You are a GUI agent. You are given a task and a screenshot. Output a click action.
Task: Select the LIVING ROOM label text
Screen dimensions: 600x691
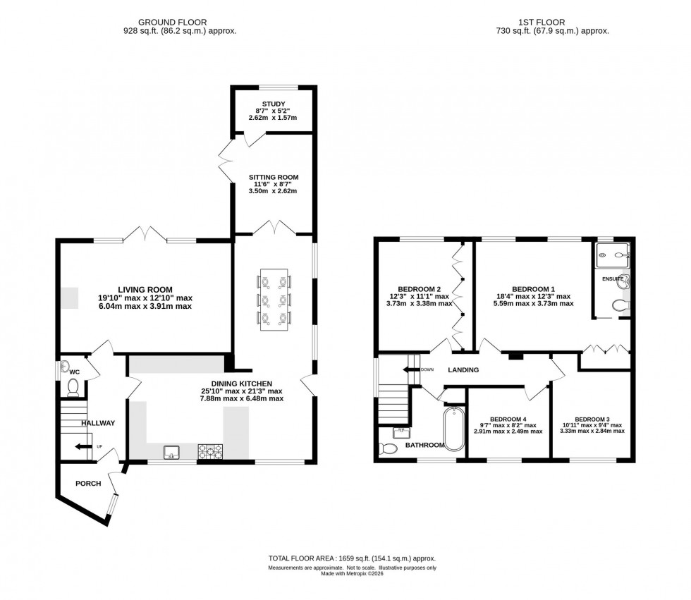point(145,288)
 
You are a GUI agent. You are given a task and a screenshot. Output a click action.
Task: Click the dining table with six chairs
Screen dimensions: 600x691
point(274,300)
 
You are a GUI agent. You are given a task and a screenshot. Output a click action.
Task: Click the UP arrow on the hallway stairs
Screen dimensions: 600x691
point(85,447)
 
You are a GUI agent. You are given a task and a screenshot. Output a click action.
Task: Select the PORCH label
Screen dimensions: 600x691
point(89,483)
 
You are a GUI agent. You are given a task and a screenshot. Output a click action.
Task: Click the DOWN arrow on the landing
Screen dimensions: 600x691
point(413,369)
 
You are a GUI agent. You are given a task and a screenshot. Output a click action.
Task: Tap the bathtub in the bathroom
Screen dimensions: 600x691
point(453,431)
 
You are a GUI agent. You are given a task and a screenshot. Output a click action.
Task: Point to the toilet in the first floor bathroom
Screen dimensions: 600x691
point(389,448)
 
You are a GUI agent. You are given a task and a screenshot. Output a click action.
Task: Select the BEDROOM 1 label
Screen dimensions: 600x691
point(533,288)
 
